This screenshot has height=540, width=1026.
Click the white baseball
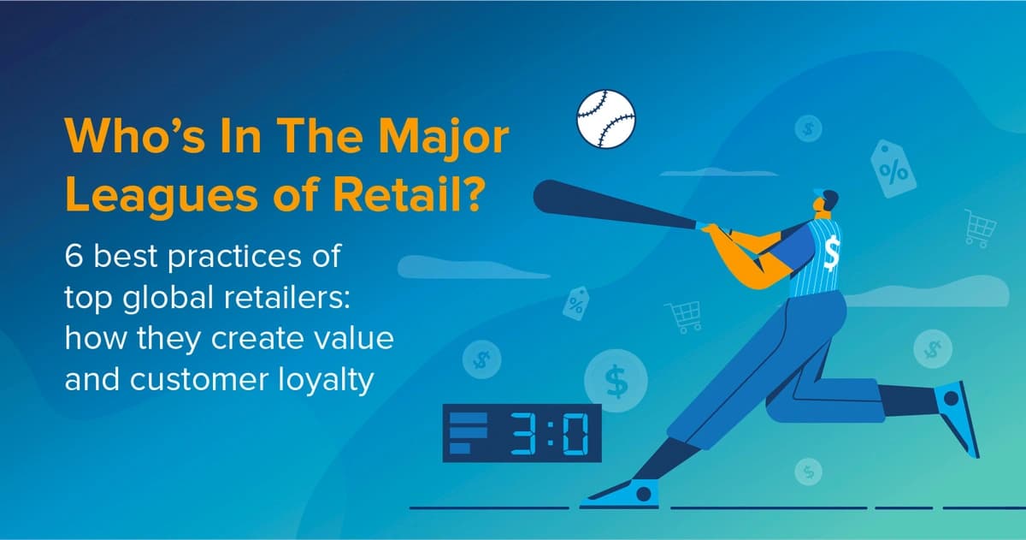click(606, 117)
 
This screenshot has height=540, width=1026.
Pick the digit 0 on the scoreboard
click(578, 433)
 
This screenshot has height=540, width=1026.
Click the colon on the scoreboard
click(549, 433)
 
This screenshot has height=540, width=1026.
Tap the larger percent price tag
click(893, 169)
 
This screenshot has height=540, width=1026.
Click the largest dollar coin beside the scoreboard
click(616, 379)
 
